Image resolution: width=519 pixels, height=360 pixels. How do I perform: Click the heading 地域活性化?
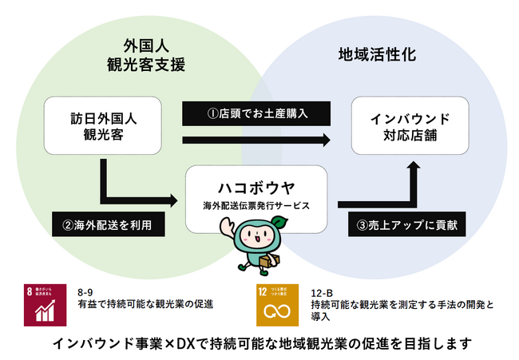[x=366, y=57]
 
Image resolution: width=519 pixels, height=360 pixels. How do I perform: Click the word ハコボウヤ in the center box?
[x=256, y=189]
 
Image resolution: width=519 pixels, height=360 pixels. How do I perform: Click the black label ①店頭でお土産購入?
[x=256, y=113]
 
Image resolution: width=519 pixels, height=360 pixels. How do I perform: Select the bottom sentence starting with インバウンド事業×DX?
[x=259, y=344]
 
